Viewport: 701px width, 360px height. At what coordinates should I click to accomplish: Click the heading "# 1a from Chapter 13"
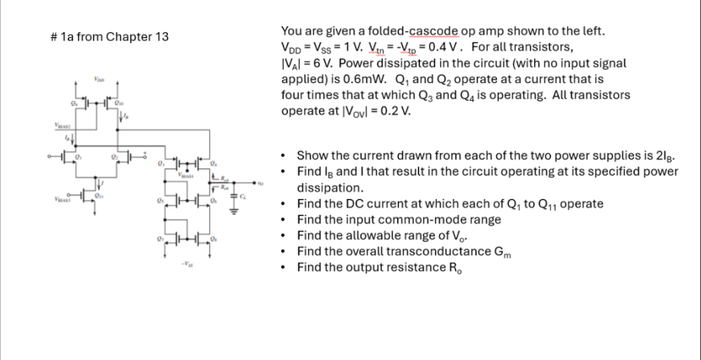(x=110, y=37)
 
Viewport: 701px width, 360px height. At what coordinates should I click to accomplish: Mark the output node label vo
(x=262, y=180)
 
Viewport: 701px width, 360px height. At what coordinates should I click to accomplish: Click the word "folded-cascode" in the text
(x=375, y=31)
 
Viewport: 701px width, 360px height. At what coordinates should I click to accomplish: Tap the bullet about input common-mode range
(x=399, y=219)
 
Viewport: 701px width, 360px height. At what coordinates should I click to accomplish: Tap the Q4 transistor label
(x=213, y=163)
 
